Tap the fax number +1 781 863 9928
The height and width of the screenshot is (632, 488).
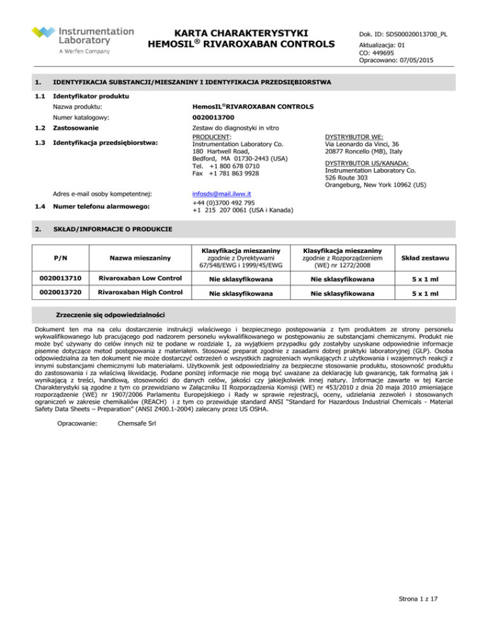231,173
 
